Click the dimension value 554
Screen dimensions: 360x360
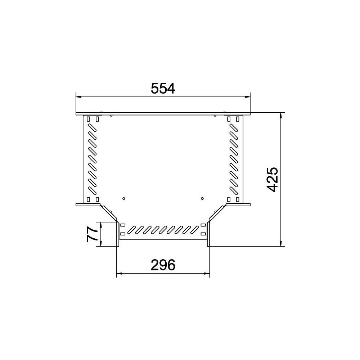tap(163, 89)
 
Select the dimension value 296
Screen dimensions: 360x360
tap(163, 265)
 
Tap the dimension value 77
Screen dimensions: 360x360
tap(92, 234)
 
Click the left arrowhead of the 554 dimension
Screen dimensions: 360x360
tap(79, 96)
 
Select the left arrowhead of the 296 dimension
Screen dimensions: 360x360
tap(120, 274)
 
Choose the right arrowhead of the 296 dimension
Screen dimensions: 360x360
tap(207, 274)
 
